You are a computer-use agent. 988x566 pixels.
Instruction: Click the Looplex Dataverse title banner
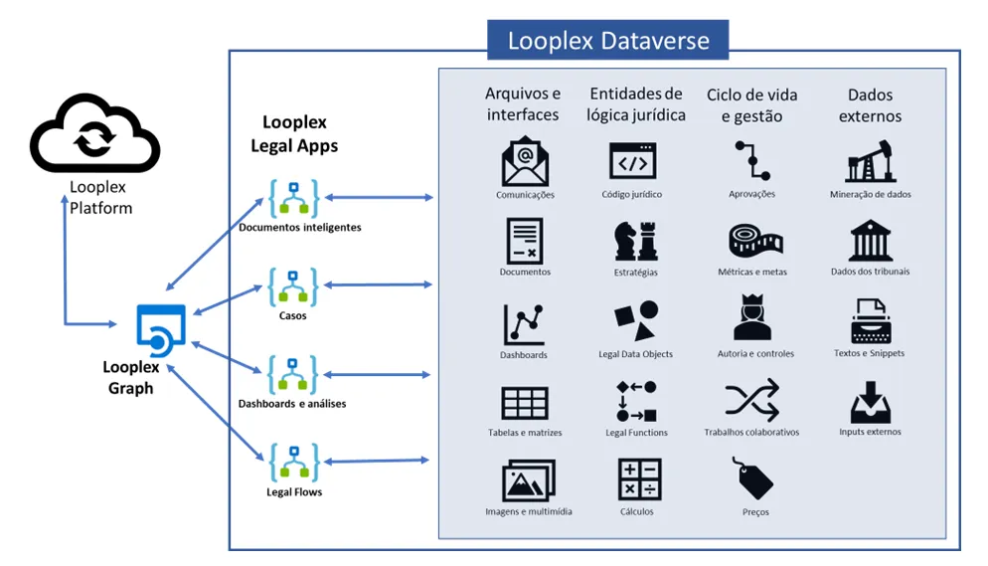607,40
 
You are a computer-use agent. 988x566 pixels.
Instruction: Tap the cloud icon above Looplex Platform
94,133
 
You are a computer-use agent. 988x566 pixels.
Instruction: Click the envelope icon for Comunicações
525,161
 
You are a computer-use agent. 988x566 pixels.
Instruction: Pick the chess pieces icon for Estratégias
636,241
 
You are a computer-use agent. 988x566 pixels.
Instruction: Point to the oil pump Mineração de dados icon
870,161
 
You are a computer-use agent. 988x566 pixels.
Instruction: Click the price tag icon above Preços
753,478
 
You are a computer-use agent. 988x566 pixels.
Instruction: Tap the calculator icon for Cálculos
639,479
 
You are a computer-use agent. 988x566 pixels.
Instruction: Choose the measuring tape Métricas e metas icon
755,240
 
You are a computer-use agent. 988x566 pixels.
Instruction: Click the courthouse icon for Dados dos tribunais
870,240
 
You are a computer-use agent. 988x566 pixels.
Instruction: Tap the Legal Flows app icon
293,463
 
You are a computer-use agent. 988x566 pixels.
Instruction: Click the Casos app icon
293,286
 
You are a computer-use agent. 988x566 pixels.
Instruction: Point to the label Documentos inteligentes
300,228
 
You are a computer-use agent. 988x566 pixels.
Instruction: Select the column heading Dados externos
870,105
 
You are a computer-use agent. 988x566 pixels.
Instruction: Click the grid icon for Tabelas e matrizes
524,403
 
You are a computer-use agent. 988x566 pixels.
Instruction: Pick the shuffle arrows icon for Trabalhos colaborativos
752,400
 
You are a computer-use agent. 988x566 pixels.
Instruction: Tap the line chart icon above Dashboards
524,324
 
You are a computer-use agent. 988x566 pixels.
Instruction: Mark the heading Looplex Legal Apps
294,133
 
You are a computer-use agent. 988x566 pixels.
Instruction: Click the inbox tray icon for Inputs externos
870,402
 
